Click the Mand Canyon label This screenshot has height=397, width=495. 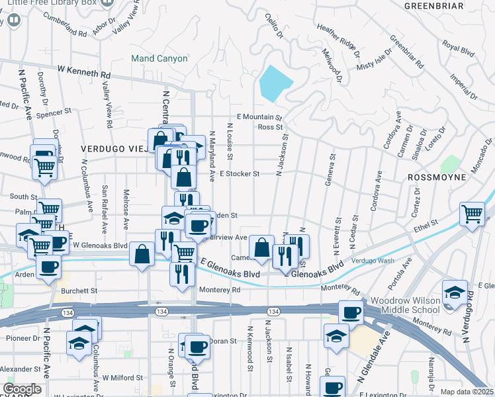pyautogui.click(x=159, y=59)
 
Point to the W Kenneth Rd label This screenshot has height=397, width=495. pyautogui.click(x=84, y=68)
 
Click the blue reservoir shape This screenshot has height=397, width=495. pyautogui.click(x=275, y=82)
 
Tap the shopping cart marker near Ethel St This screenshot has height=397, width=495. pyautogui.click(x=471, y=214)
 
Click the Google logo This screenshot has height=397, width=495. pyautogui.click(x=22, y=389)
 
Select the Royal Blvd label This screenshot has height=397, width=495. pyautogui.click(x=459, y=48)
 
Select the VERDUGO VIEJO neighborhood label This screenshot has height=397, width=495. pyautogui.click(x=112, y=149)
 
